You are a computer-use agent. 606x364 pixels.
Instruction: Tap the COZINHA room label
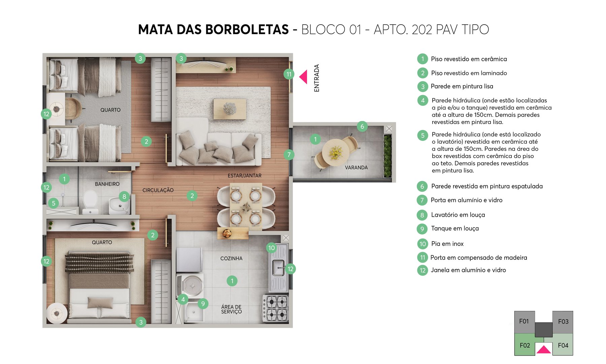[231, 259]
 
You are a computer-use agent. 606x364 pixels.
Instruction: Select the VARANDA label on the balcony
[356, 168]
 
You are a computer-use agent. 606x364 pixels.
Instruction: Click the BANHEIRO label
[107, 184]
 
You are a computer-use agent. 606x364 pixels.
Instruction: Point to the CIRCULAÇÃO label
[158, 190]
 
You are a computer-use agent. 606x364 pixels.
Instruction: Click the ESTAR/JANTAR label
[244, 176]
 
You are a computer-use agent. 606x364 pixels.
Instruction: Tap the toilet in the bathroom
[90, 201]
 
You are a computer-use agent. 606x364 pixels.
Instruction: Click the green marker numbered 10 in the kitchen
[271, 248]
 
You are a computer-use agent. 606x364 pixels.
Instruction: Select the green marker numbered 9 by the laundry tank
[203, 304]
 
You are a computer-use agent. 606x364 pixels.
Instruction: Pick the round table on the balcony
[335, 152]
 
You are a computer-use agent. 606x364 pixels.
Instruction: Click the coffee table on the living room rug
[230, 109]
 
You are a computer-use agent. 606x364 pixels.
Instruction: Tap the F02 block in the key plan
[525, 345]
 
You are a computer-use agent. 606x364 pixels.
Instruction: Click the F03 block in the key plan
[563, 322]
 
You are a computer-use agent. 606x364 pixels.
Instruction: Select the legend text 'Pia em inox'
[447, 244]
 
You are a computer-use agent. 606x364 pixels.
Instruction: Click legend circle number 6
[422, 186]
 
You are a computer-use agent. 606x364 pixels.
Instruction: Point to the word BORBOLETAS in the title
[247, 30]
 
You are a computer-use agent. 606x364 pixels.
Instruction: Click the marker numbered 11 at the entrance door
[289, 74]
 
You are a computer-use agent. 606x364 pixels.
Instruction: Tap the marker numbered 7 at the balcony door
[289, 155]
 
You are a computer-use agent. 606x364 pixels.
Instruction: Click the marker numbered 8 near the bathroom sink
[124, 196]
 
